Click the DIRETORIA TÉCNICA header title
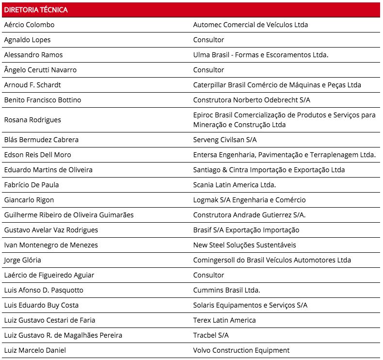[x=36, y=10]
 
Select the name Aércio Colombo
[x=29, y=25]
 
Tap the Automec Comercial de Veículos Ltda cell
[x=250, y=25]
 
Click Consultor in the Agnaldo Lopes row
[x=208, y=40]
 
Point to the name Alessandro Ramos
[x=33, y=55]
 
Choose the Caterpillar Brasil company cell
[x=277, y=85]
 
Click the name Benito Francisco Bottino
[x=43, y=100]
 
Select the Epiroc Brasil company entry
[x=284, y=120]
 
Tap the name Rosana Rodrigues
[x=32, y=120]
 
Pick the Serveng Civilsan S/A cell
[x=225, y=140]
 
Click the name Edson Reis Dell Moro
[x=37, y=155]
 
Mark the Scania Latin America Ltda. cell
[x=234, y=185]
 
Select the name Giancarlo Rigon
[x=29, y=200]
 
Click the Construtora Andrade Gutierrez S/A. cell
[x=249, y=215]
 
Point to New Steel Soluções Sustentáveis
[x=244, y=245]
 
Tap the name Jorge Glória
[x=22, y=260]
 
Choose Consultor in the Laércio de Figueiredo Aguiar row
[x=208, y=275]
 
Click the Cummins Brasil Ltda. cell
[x=226, y=290]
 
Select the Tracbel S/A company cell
[x=211, y=335]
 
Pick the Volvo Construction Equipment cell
[x=241, y=350]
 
